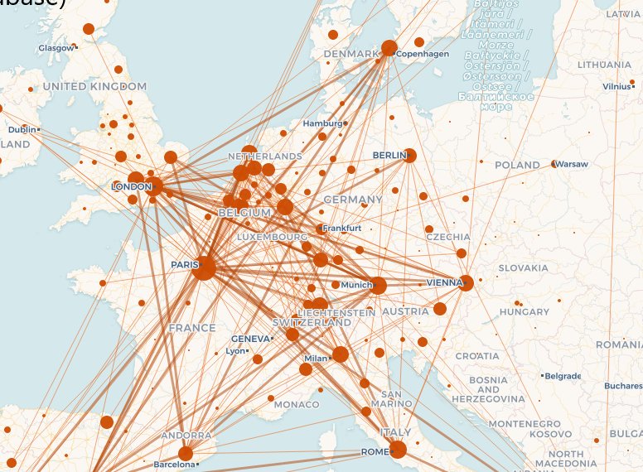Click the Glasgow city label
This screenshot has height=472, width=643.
[56, 48]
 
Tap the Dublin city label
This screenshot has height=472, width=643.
[22, 130]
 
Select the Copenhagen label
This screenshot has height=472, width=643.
[423, 54]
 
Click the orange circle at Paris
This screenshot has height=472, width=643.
[205, 268]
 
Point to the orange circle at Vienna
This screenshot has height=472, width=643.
[466, 283]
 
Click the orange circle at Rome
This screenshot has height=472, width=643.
[398, 450]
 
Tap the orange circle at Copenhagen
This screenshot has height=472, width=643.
[389, 48]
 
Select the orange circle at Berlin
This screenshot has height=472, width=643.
[409, 156]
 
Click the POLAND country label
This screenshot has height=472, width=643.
[517, 166]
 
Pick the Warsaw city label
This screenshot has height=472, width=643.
[573, 165]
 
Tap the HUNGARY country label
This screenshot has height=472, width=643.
[525, 312]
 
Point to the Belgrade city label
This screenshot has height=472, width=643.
[563, 376]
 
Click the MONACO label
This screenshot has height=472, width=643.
[297, 405]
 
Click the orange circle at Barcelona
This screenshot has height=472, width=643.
[186, 453]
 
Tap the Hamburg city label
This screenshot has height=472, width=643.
[322, 123]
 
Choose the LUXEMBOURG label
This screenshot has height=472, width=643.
[273, 237]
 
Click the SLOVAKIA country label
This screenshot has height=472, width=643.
[524, 268]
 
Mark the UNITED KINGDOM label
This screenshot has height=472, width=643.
[94, 86]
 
